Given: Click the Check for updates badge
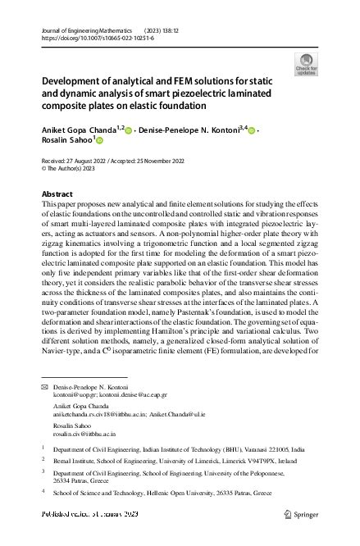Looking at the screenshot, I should click(x=306, y=63).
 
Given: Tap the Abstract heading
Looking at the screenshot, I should click(x=57, y=193).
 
